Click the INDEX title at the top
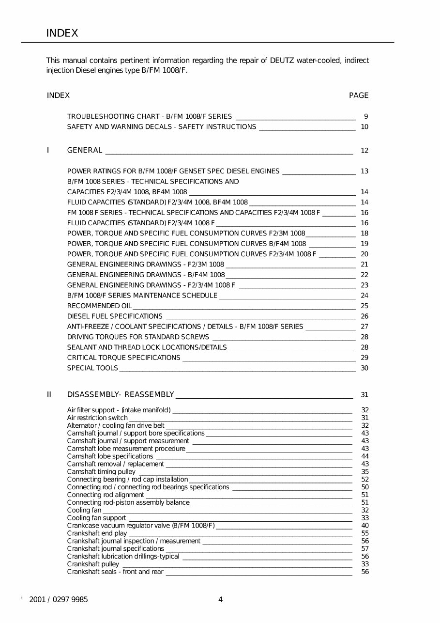point(62,33)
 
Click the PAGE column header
point(359,95)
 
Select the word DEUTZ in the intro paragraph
point(281,61)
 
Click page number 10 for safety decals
point(364,127)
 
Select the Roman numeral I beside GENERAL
point(48,150)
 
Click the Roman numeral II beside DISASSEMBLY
point(49,394)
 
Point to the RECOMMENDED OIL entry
point(99,306)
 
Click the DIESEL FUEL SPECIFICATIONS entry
point(115,316)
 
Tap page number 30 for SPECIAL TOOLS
point(364,368)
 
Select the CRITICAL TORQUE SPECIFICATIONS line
point(123,358)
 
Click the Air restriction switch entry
point(97,418)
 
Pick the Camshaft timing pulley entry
point(101,472)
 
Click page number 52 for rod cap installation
point(365,480)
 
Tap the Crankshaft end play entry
point(97,533)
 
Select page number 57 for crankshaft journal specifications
point(365,549)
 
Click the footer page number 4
point(220,600)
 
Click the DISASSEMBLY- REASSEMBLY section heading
point(121,394)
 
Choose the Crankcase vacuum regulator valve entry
point(140,526)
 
